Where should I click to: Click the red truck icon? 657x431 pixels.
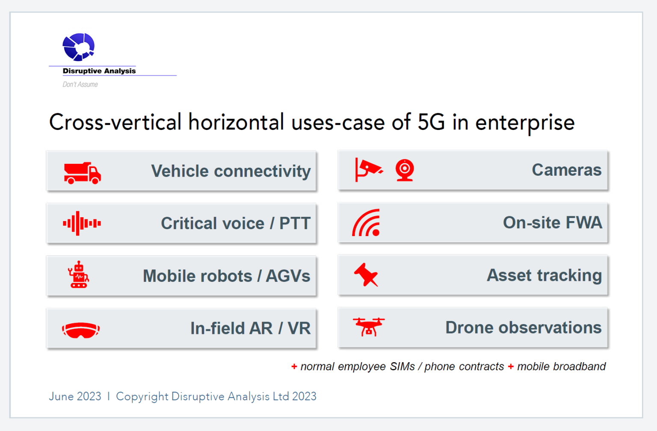82,173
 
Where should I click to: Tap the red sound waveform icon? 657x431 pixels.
82,223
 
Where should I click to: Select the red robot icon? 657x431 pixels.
78,275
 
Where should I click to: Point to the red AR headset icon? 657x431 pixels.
81,330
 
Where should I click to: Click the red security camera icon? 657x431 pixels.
368,169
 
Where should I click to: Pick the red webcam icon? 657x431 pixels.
404,170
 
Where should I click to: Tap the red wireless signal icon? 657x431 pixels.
367,223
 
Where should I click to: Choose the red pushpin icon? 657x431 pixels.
366,275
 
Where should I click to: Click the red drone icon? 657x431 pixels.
368,327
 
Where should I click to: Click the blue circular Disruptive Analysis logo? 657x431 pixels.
78,47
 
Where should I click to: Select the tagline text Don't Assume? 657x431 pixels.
80,85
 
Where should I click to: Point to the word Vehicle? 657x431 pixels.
180,171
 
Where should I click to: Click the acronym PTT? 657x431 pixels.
295,223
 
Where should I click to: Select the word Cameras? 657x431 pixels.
566,170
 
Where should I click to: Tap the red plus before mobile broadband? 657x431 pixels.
511,366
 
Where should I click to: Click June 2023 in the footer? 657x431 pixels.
75,396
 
